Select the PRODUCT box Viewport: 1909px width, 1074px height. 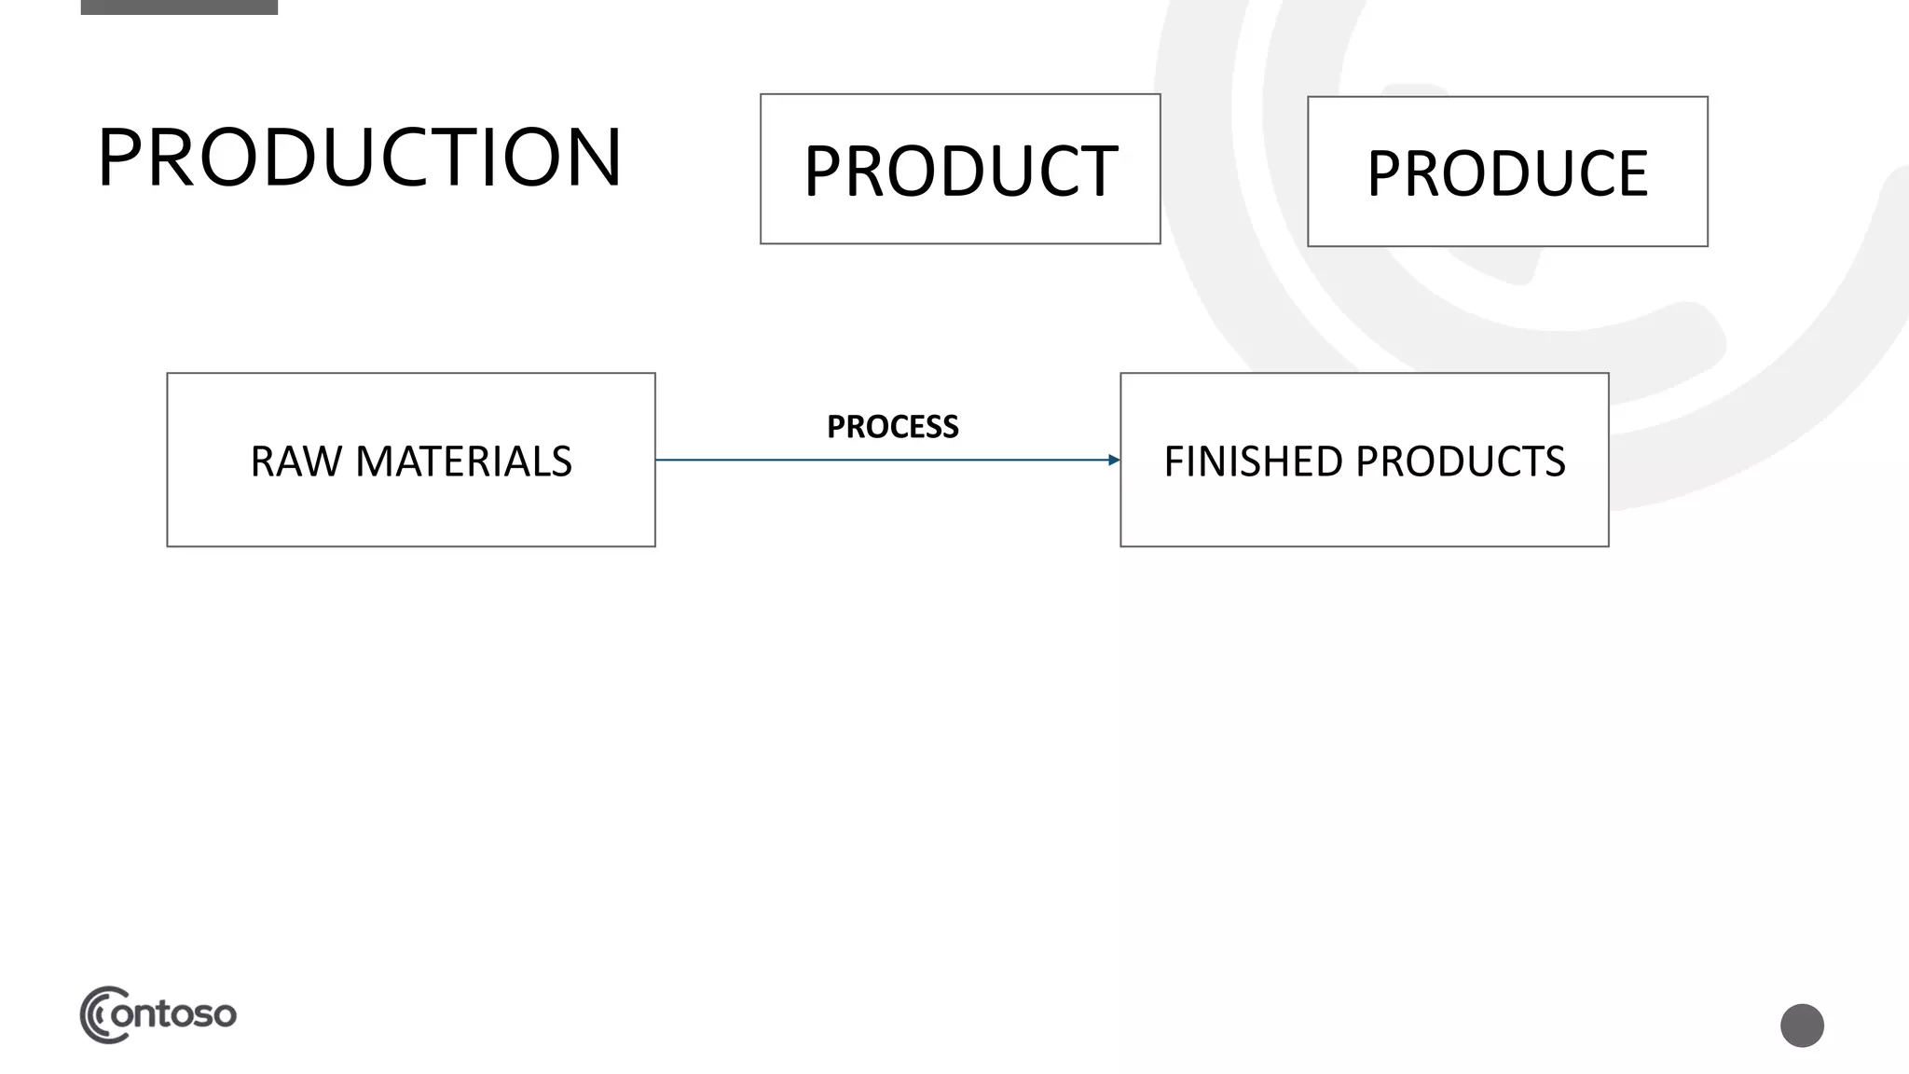click(x=960, y=169)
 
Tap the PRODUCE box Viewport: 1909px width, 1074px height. click(x=1507, y=172)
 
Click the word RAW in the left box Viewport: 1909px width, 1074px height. click(x=295, y=461)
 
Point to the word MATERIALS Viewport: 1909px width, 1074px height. click(x=463, y=461)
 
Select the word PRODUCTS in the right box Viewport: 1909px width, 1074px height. click(x=1461, y=461)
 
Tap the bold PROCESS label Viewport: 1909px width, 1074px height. click(x=892, y=427)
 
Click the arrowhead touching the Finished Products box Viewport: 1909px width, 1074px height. click(x=1113, y=460)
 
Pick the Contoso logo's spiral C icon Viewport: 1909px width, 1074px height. click(x=99, y=1014)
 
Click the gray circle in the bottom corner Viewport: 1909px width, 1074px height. click(x=1802, y=1026)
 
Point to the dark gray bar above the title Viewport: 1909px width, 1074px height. click(x=179, y=7)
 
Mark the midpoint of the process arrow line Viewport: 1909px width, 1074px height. click(x=887, y=460)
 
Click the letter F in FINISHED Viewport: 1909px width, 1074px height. click(x=1174, y=461)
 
